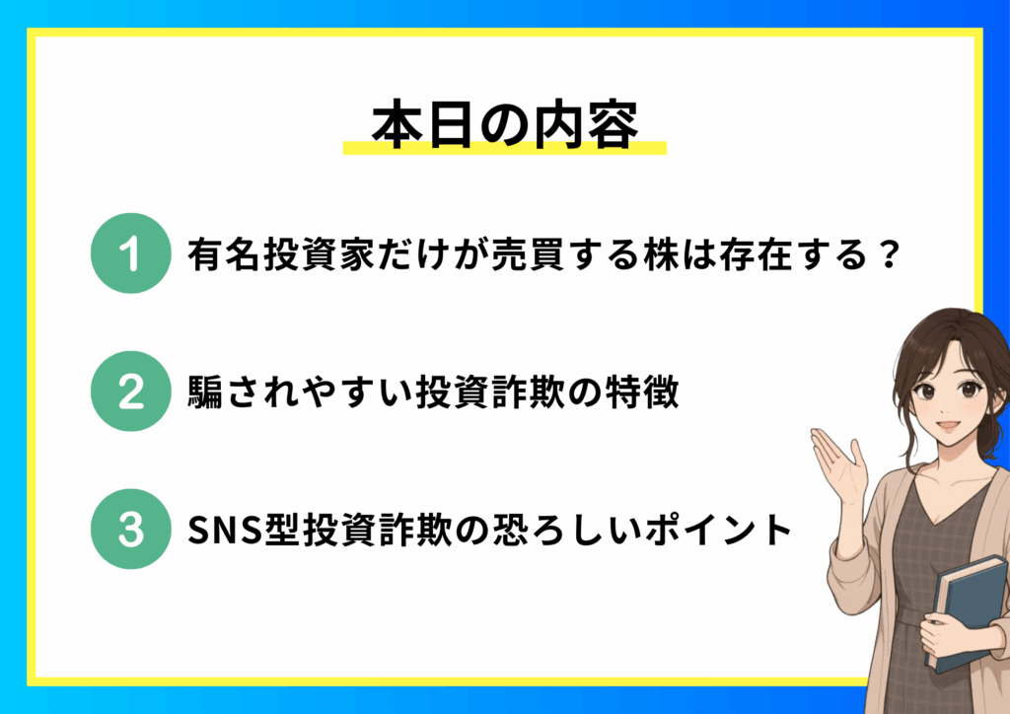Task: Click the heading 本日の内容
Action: (x=505, y=125)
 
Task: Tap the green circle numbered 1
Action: (x=131, y=253)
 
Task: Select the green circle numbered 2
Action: (x=131, y=391)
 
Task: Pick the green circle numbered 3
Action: (x=131, y=529)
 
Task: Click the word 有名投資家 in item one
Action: (x=282, y=254)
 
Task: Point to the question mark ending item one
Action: (x=890, y=254)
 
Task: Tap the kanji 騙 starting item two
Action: (x=205, y=392)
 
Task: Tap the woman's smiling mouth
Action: (x=948, y=426)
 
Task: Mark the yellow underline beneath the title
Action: (x=504, y=148)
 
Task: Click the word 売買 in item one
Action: (x=529, y=254)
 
